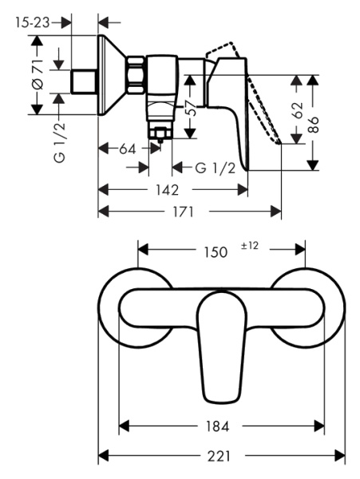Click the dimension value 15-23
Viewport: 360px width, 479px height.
pyautogui.click(x=30, y=23)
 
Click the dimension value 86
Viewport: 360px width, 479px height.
pyautogui.click(x=315, y=123)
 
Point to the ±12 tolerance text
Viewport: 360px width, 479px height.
pyautogui.click(x=250, y=246)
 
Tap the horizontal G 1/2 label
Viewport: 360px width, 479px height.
pyautogui.click(x=216, y=168)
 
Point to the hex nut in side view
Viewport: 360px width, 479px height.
pyautogui.click(x=137, y=73)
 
